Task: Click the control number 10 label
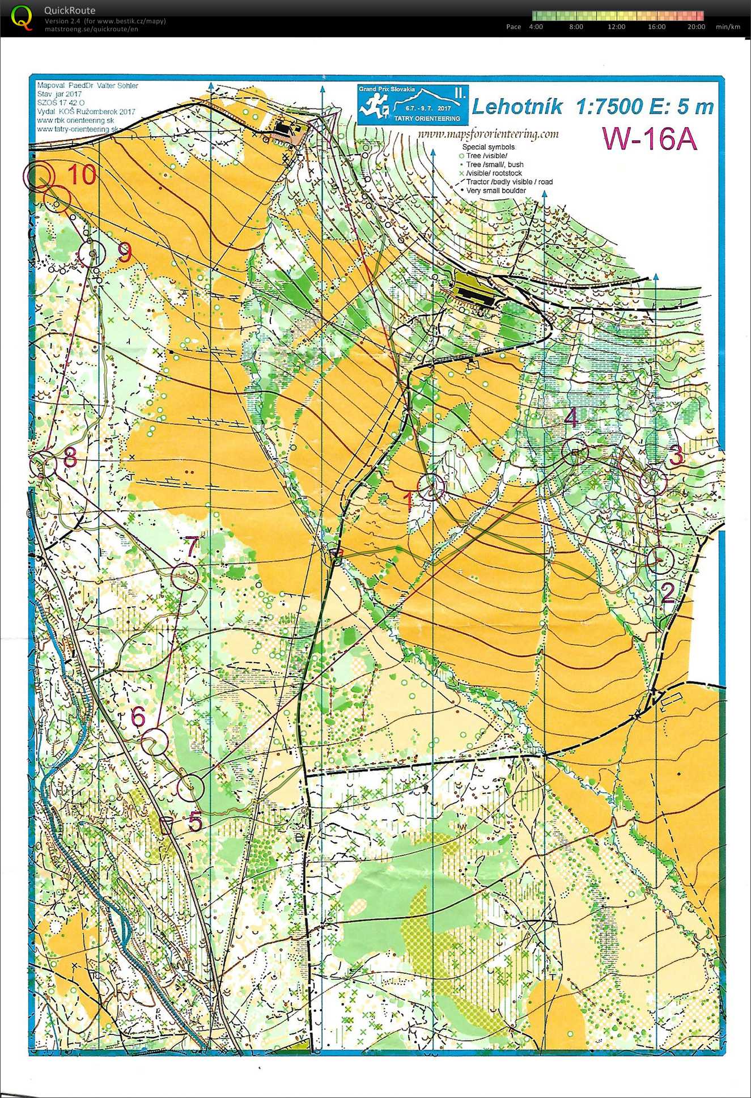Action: [x=82, y=174]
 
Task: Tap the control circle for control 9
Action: [x=92, y=253]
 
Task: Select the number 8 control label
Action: [x=70, y=457]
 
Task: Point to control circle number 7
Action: [x=185, y=576]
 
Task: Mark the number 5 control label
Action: [x=195, y=821]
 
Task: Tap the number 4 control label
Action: [x=571, y=418]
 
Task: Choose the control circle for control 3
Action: [x=653, y=481]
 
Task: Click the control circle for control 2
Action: [x=660, y=560]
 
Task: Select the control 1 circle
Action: [x=431, y=486]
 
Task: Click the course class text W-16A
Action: [x=650, y=138]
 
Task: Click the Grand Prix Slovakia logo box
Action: [x=413, y=104]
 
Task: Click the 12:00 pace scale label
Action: [x=616, y=27]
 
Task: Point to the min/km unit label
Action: [x=728, y=27]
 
